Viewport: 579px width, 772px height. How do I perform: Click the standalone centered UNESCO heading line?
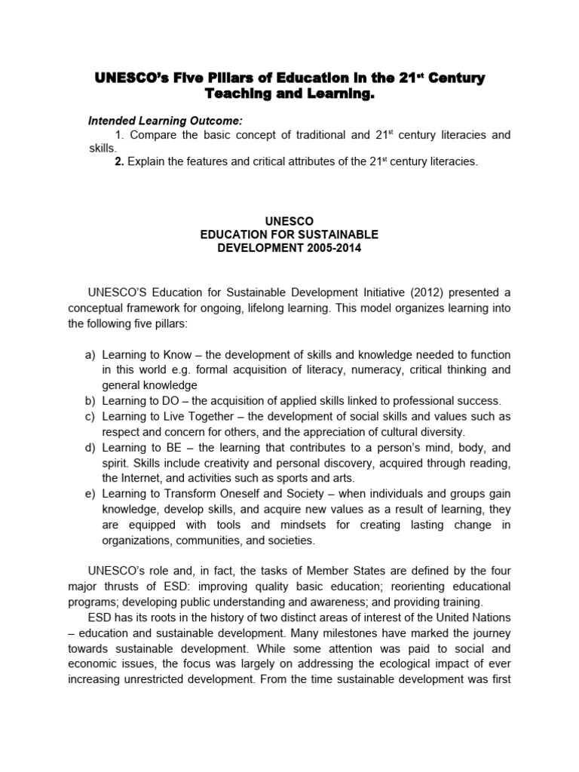289,222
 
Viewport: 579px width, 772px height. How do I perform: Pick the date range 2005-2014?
329,249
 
